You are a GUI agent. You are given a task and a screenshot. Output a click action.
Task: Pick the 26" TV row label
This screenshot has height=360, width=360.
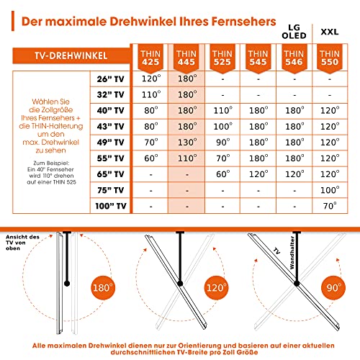tap(107, 79)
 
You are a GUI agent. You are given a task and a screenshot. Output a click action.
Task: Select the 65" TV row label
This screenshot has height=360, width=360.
tap(107, 174)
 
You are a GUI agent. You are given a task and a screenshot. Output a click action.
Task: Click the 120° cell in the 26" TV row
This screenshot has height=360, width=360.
tap(149, 79)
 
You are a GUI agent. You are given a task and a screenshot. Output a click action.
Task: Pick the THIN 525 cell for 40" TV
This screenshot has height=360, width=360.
tap(222, 111)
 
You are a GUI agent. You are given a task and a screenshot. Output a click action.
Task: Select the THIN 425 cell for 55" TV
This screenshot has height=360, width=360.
tap(149, 158)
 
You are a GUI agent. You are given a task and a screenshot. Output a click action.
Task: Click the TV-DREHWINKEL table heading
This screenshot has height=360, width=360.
tap(64, 55)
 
